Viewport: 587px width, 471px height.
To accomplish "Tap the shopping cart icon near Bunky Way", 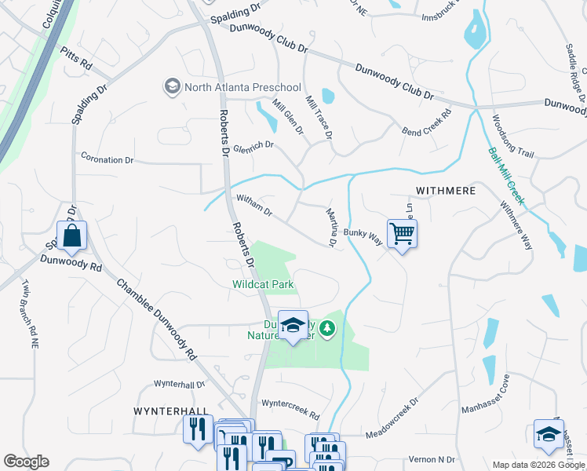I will click(402, 233).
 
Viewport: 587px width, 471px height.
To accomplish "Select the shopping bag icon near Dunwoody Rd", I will click(71, 235).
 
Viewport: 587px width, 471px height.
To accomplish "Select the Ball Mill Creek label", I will click(505, 177).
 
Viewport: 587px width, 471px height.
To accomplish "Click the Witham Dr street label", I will click(253, 207).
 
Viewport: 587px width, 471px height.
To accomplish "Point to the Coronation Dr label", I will click(108, 159).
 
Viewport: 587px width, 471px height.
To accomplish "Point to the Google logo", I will click(26, 462).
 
